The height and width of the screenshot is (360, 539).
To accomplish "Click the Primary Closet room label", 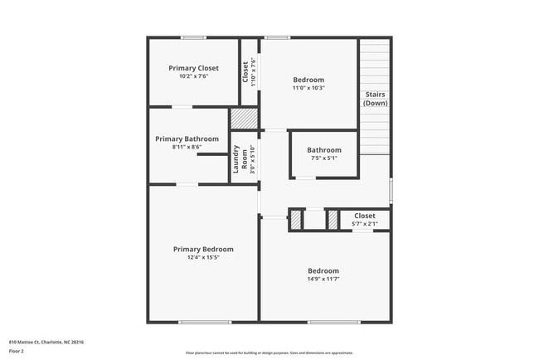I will [193, 68].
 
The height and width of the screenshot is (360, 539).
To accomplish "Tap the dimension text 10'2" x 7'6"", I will [193, 76].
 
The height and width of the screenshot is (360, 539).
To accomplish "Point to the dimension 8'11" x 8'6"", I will [187, 147].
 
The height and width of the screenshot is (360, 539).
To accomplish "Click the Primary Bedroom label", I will [203, 249].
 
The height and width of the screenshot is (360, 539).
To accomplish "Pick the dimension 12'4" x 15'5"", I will [203, 257].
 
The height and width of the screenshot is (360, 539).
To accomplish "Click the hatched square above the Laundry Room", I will [245, 119].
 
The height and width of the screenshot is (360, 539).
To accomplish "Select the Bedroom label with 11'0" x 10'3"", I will [308, 80].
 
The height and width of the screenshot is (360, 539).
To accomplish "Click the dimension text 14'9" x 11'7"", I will [323, 280].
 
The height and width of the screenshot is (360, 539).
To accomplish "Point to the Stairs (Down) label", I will [375, 100].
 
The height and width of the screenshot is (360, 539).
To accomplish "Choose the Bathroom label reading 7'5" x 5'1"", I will [323, 150].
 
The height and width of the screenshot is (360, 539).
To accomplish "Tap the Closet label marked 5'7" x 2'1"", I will [365, 216].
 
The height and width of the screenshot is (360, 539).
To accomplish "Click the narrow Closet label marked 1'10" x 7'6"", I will [246, 72].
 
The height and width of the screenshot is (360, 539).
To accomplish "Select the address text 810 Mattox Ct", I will [46, 342].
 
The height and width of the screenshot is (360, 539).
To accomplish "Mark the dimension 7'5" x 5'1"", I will [323, 158].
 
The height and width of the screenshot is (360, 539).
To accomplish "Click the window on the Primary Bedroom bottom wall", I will [205, 322].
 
